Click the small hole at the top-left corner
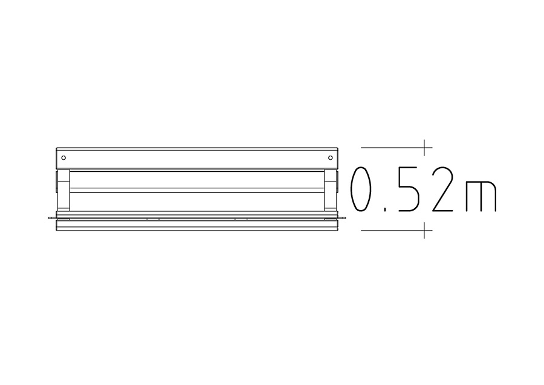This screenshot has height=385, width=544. [63, 158]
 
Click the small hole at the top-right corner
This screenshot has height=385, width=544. [330, 158]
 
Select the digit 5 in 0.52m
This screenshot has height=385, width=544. [409, 189]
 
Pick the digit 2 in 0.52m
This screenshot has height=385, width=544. [442, 189]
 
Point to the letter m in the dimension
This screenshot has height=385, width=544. [481, 196]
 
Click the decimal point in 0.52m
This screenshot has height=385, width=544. [385, 209]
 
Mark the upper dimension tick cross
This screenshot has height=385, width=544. [424, 147]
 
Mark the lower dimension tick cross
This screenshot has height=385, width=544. [424, 230]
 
